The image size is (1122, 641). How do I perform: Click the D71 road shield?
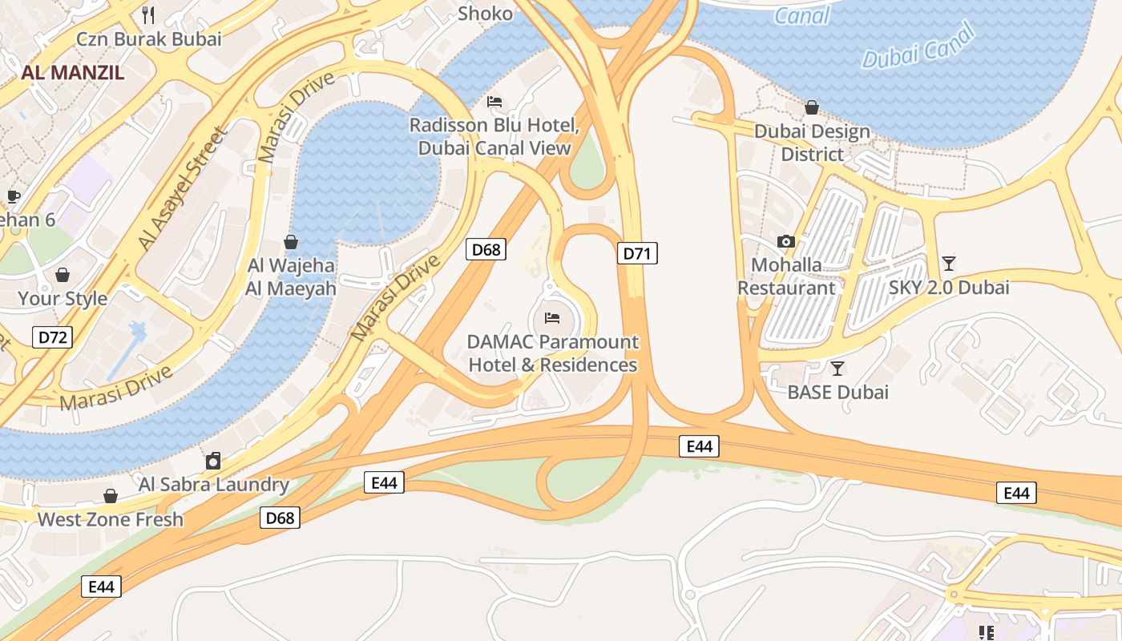click(637, 254)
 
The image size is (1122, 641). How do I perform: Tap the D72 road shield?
click(53, 337)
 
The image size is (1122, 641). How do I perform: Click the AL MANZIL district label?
click(73, 73)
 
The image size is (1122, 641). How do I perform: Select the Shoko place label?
click(485, 14)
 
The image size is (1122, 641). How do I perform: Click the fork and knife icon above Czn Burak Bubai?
click(148, 14)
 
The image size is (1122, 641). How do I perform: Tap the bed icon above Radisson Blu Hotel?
click(494, 102)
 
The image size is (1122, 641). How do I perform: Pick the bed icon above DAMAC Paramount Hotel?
click(552, 318)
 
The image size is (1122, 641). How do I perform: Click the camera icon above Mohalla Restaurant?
click(786, 241)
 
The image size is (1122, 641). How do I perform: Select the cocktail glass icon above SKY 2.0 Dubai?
click(949, 263)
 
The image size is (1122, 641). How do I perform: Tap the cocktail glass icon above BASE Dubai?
click(837, 369)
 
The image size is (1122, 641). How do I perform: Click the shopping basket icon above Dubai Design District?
click(812, 107)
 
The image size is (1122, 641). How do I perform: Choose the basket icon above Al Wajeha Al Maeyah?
click(291, 242)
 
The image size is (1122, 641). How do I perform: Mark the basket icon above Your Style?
click(63, 276)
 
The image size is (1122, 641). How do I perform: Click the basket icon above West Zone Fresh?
click(111, 497)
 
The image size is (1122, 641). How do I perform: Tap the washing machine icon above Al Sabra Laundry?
click(213, 461)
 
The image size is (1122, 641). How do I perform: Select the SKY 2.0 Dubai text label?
click(949, 288)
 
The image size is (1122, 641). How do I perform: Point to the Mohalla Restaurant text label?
click(786, 276)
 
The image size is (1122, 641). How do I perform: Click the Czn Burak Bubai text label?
click(149, 38)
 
